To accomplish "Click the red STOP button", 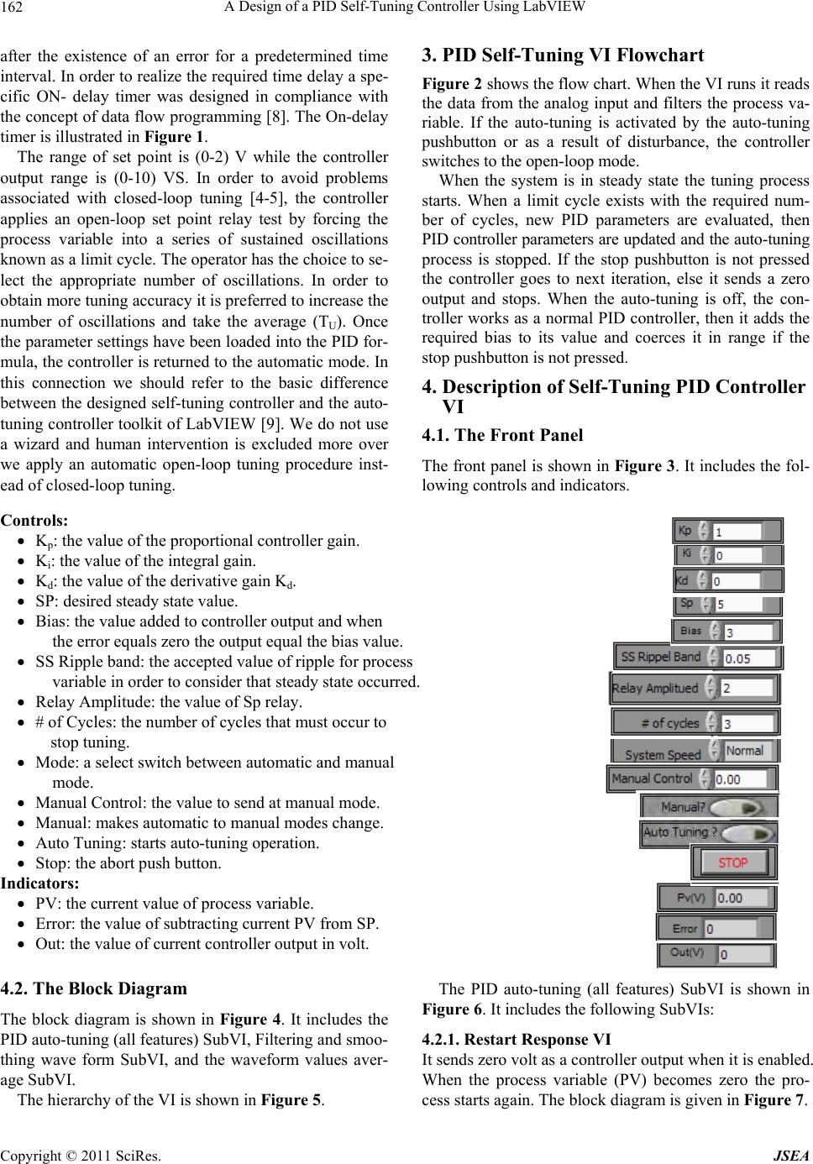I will tap(733, 863).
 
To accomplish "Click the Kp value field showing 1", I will tap(737, 532).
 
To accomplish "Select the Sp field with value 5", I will tap(737, 605).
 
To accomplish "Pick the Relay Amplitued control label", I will tap(655, 689).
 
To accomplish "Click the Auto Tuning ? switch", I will tap(747, 834).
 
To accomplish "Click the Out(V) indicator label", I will tap(686, 953).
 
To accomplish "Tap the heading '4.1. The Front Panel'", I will tap(502, 435).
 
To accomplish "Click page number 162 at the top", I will tap(14, 9).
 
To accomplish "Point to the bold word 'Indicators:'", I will tap(40, 883).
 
